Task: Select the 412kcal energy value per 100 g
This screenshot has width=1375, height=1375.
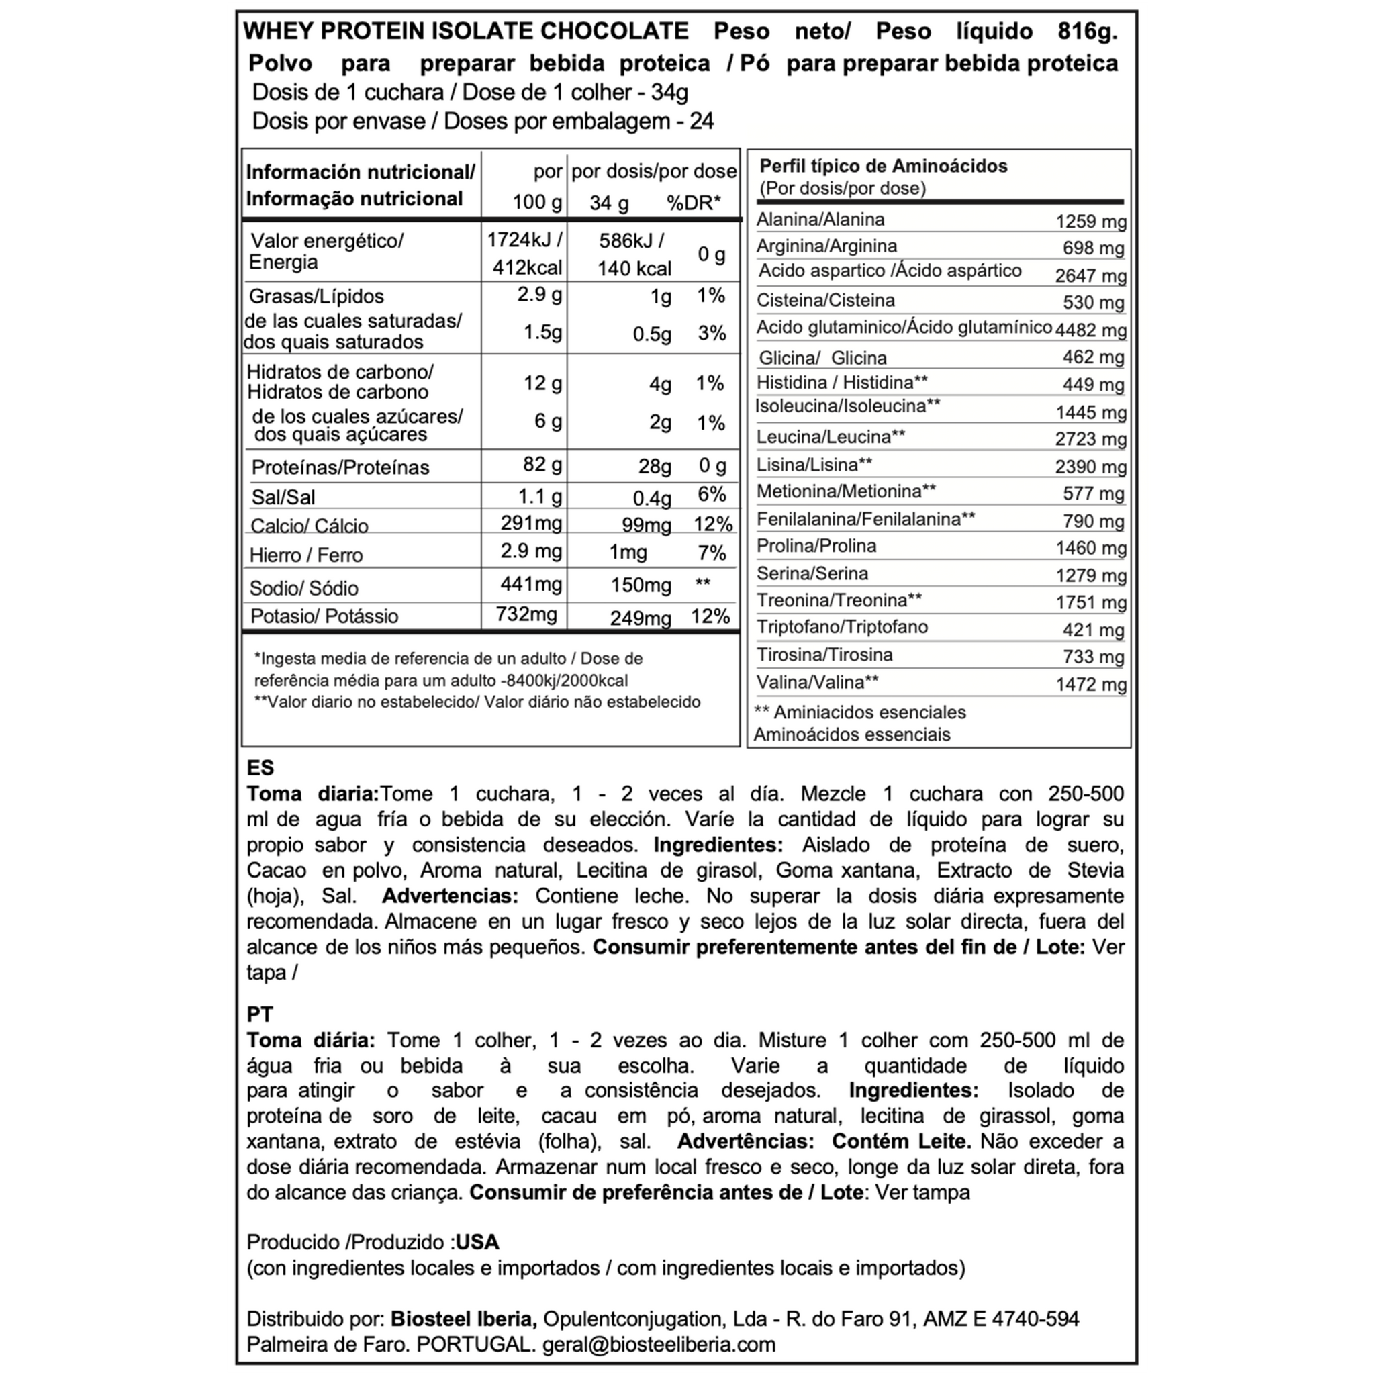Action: pos(527,268)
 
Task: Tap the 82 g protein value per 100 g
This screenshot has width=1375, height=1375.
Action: pos(542,465)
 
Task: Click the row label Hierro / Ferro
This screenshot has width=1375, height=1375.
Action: pos(306,555)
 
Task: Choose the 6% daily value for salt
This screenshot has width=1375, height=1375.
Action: pos(712,495)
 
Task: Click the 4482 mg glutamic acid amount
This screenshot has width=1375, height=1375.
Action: pos(1091,330)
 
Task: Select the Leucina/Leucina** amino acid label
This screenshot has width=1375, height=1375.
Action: pos(831,436)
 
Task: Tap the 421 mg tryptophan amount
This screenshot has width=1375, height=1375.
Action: pos(1093,630)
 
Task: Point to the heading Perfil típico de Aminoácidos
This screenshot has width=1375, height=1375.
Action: pos(884,167)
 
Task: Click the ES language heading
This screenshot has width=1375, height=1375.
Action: pos(260,768)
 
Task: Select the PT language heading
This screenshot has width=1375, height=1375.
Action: pos(260,1014)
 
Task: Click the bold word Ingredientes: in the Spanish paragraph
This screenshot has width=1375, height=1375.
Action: pos(718,845)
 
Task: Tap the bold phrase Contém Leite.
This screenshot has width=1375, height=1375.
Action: pos(902,1141)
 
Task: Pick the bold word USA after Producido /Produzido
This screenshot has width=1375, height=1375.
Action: pos(477,1243)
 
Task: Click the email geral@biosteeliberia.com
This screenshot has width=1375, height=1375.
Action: pos(659,1344)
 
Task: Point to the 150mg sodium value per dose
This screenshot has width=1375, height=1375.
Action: pos(641,585)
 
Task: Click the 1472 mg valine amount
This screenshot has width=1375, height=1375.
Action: pos(1091,685)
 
